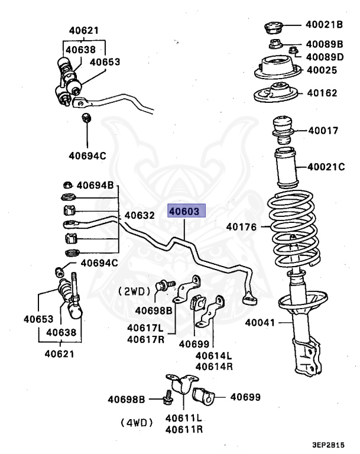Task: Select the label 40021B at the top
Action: click(x=325, y=25)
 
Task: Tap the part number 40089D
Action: click(x=325, y=57)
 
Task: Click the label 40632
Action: click(x=140, y=216)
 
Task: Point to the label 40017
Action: click(x=322, y=131)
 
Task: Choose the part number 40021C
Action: click(x=325, y=167)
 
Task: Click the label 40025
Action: click(x=322, y=70)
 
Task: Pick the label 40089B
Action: click(x=325, y=44)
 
